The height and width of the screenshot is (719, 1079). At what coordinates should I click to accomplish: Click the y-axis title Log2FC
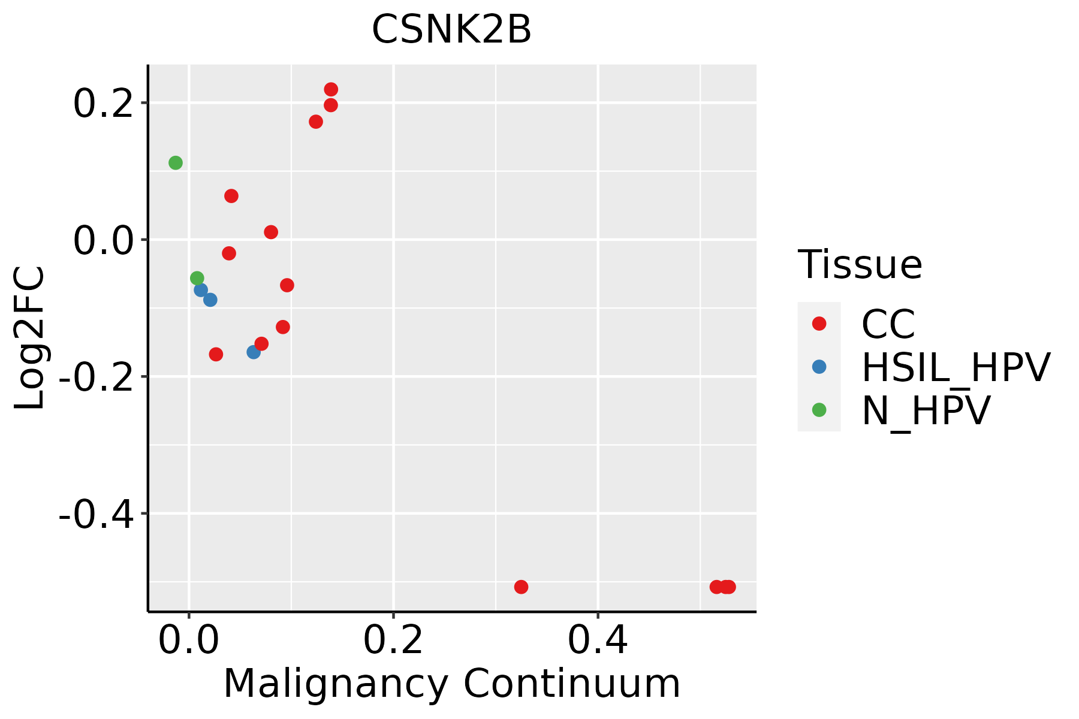click(30, 338)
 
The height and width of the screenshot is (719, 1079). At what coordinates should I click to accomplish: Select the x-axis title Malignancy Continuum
click(451, 684)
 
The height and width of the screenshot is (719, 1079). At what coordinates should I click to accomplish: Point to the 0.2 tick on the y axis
click(101, 104)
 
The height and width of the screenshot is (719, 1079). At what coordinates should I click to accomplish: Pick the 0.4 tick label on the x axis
click(598, 641)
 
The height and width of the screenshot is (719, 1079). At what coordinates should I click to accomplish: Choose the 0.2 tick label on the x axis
click(393, 641)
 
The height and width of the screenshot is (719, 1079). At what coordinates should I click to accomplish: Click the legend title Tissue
click(860, 264)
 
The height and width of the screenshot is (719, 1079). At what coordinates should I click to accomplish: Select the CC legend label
click(888, 324)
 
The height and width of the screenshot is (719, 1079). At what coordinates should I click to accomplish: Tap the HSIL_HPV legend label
click(956, 367)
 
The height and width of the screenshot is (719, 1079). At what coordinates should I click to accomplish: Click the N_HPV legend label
click(926, 410)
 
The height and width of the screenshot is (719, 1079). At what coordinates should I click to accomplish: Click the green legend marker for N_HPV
click(819, 410)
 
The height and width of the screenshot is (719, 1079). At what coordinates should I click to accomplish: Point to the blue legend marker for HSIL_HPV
click(819, 367)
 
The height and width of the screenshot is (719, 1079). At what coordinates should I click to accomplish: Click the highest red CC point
click(331, 90)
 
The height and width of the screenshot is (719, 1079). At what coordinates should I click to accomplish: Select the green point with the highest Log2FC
click(176, 163)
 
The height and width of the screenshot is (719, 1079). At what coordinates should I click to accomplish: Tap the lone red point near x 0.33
click(521, 587)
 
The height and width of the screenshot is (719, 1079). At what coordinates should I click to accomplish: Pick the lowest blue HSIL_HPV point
click(254, 352)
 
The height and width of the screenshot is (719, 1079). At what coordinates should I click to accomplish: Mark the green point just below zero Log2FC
click(197, 278)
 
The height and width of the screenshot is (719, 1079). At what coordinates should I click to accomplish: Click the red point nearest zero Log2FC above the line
click(271, 232)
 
